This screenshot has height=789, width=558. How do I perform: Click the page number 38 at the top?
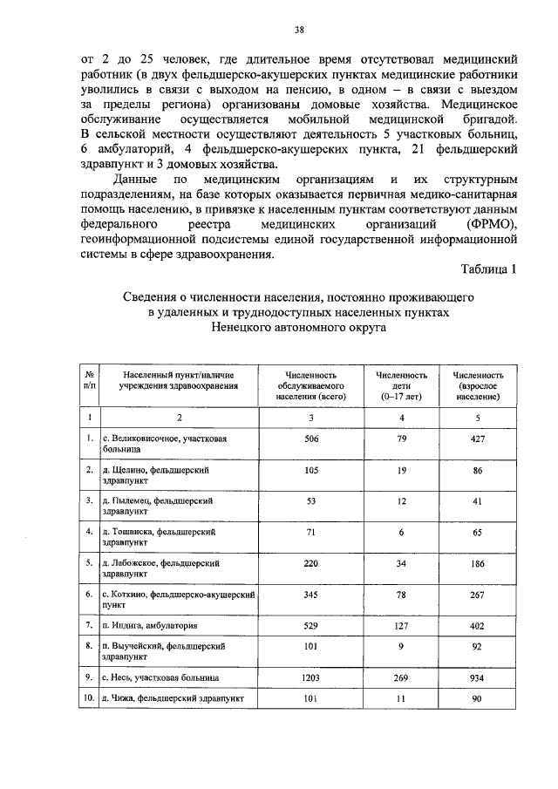tap(299, 30)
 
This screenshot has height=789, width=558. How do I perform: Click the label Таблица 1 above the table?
tap(488, 269)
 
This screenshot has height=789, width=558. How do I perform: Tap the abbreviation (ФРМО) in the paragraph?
tap(493, 226)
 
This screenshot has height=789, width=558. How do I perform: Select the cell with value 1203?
tap(311, 676)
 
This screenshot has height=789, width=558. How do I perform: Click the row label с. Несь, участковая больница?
tap(159, 677)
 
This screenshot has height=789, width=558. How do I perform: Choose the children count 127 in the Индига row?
tap(401, 624)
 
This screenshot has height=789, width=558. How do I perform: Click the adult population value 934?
tap(477, 676)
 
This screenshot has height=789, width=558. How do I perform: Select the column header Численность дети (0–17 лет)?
tap(401, 384)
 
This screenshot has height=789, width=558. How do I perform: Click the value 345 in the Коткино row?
tap(311, 593)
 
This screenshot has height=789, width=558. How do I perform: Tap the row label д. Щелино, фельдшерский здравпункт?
tap(155, 475)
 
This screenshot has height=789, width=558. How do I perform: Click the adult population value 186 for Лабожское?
tap(477, 562)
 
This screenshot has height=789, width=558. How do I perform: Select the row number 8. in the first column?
tap(89, 646)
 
